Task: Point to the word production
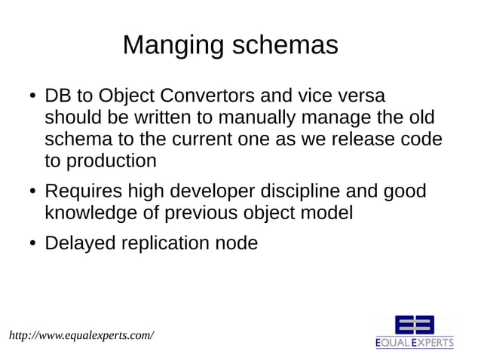pos(112,161)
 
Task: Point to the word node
pos(236,243)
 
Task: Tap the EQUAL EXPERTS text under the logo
pos(415,343)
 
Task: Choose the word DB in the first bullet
pos(57,97)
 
